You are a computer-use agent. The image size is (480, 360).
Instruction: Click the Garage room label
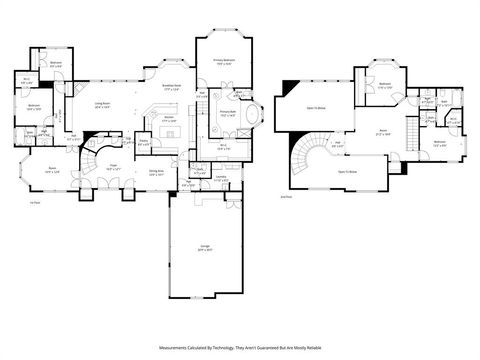206,249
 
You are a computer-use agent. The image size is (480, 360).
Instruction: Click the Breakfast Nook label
170,86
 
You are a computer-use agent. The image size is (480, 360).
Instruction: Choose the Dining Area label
157,172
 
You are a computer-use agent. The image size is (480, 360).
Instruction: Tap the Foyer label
114,168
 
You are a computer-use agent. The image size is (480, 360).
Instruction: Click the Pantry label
144,142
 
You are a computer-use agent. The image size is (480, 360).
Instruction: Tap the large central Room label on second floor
381,131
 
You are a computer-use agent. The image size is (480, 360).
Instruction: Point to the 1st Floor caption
34,202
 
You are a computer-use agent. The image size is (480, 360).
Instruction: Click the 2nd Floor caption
286,198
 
